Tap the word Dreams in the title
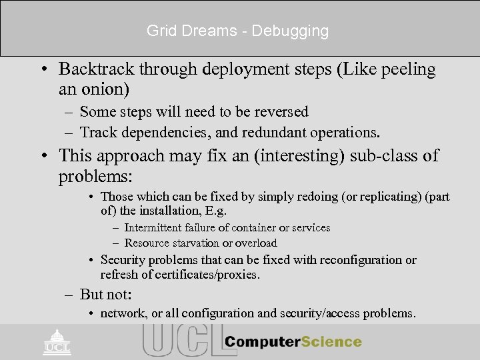point(217,31)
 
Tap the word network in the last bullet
point(121,313)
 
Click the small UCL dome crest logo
point(57,342)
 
